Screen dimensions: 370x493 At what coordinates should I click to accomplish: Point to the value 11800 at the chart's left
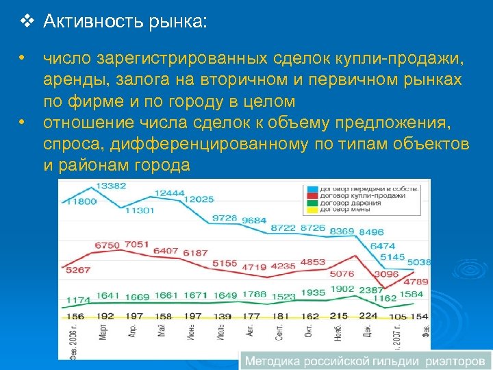[x=81, y=201]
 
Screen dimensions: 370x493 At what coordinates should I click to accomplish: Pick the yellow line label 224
[x=368, y=316]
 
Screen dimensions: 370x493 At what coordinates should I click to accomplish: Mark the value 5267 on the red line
[x=77, y=270]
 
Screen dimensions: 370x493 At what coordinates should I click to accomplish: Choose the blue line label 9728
[x=225, y=218]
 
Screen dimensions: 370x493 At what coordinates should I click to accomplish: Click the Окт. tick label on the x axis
[x=309, y=335]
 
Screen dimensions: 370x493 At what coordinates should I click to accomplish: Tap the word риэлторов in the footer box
[x=455, y=360]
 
